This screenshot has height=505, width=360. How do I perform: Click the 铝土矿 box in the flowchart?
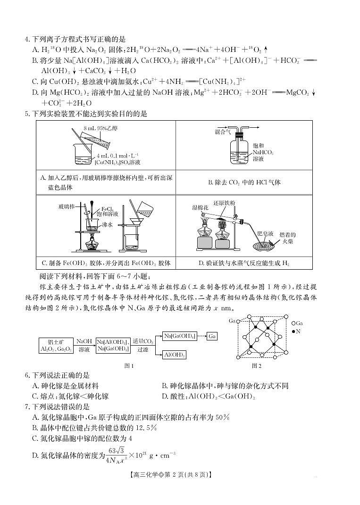pos(59,346)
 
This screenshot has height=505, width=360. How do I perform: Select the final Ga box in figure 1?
pos(212,336)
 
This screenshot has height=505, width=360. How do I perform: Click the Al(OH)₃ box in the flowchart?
pos(174,355)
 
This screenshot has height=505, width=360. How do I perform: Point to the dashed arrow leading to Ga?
pos(201,336)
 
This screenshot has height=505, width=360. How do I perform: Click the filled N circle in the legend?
pos(294,332)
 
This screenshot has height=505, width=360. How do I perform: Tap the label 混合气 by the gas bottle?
pos(223,132)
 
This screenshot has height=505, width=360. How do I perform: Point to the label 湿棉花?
pos(200,207)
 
